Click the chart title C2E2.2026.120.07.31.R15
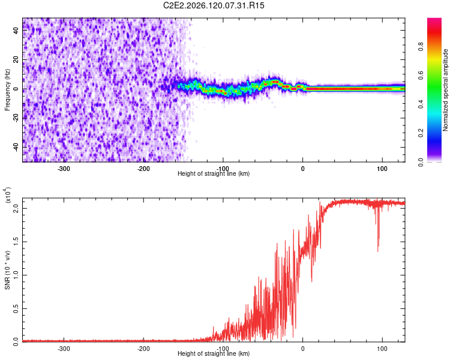(214, 5)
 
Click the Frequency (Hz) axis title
(7, 89)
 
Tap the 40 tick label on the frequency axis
(16, 31)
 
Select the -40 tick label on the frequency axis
(16, 147)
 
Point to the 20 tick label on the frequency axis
(16, 59)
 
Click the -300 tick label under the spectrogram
(64, 169)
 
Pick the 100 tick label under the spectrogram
(382, 169)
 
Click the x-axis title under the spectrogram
(214, 173)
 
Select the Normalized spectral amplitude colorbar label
(445, 90)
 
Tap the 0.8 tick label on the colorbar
(421, 46)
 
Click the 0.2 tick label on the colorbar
(421, 133)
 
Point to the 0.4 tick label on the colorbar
(421, 104)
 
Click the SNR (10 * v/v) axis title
(7, 270)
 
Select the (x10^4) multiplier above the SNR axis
(8, 195)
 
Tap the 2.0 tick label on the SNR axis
(16, 208)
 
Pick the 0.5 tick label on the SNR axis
(16, 308)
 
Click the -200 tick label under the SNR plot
(143, 349)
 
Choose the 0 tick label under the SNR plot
(302, 349)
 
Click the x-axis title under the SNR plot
(214, 353)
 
